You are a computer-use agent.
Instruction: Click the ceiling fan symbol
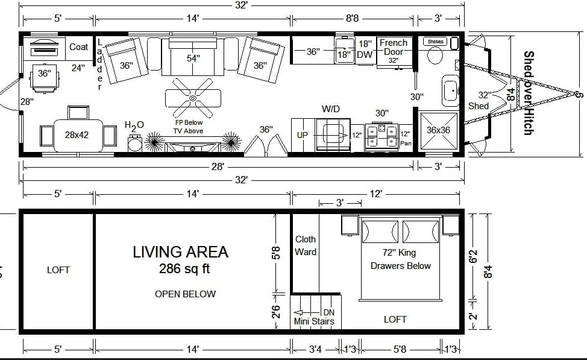(192, 98)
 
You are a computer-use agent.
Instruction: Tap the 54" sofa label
(193, 58)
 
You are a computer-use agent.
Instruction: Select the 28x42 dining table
(77, 134)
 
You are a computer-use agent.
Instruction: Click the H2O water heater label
(134, 125)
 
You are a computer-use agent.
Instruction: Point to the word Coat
(78, 47)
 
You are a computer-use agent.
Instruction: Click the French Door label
(393, 48)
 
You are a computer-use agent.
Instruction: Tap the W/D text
(331, 109)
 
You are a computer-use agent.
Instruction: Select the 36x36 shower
(438, 130)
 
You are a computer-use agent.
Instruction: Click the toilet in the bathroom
(434, 56)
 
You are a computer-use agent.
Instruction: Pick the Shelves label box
(435, 42)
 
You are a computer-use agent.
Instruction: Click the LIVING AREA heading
(180, 252)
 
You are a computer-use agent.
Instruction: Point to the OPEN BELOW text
(185, 294)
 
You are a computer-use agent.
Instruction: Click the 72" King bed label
(399, 253)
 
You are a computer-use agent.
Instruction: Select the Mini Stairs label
(313, 321)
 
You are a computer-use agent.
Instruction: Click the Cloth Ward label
(306, 245)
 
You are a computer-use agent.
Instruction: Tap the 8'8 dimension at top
(353, 19)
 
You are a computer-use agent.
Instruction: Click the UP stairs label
(302, 135)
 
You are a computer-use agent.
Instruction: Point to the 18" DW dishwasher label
(365, 49)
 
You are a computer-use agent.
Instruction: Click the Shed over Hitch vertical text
(528, 93)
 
